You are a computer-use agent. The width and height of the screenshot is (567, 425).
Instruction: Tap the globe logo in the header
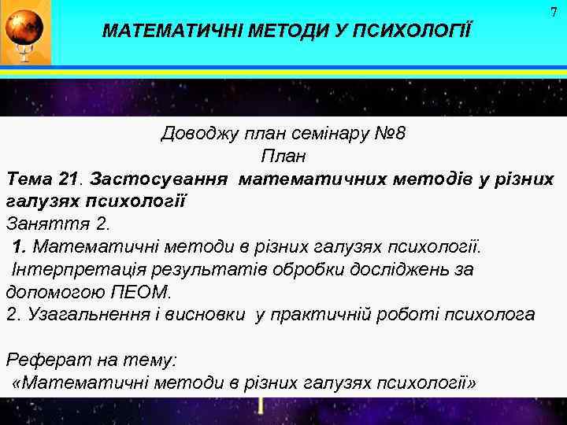(26, 31)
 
